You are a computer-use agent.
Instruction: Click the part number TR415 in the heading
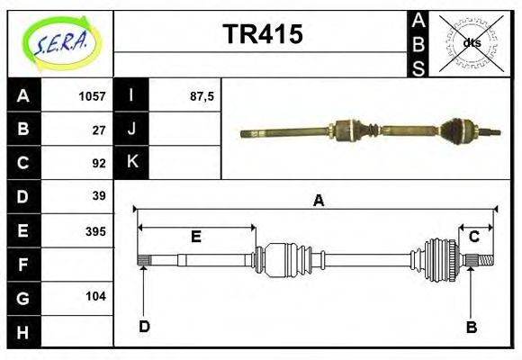click(263, 34)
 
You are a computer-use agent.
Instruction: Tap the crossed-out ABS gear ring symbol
click(472, 42)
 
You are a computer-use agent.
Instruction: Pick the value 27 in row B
click(99, 130)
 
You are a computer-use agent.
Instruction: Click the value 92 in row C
click(99, 163)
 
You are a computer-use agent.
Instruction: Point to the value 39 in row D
click(99, 196)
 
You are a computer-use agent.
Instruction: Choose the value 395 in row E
click(94, 231)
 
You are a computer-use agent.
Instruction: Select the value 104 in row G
click(94, 296)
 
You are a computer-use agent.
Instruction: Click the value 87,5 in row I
click(201, 96)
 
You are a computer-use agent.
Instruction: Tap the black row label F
click(23, 265)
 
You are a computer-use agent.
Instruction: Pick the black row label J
click(131, 130)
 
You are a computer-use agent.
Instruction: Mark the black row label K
click(131, 163)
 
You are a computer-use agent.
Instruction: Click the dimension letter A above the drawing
click(318, 202)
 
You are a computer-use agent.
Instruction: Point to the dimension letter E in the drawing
click(195, 238)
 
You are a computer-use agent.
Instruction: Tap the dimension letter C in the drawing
click(473, 237)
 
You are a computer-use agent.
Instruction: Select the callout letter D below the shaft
click(144, 327)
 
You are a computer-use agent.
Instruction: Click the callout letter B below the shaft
click(471, 327)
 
